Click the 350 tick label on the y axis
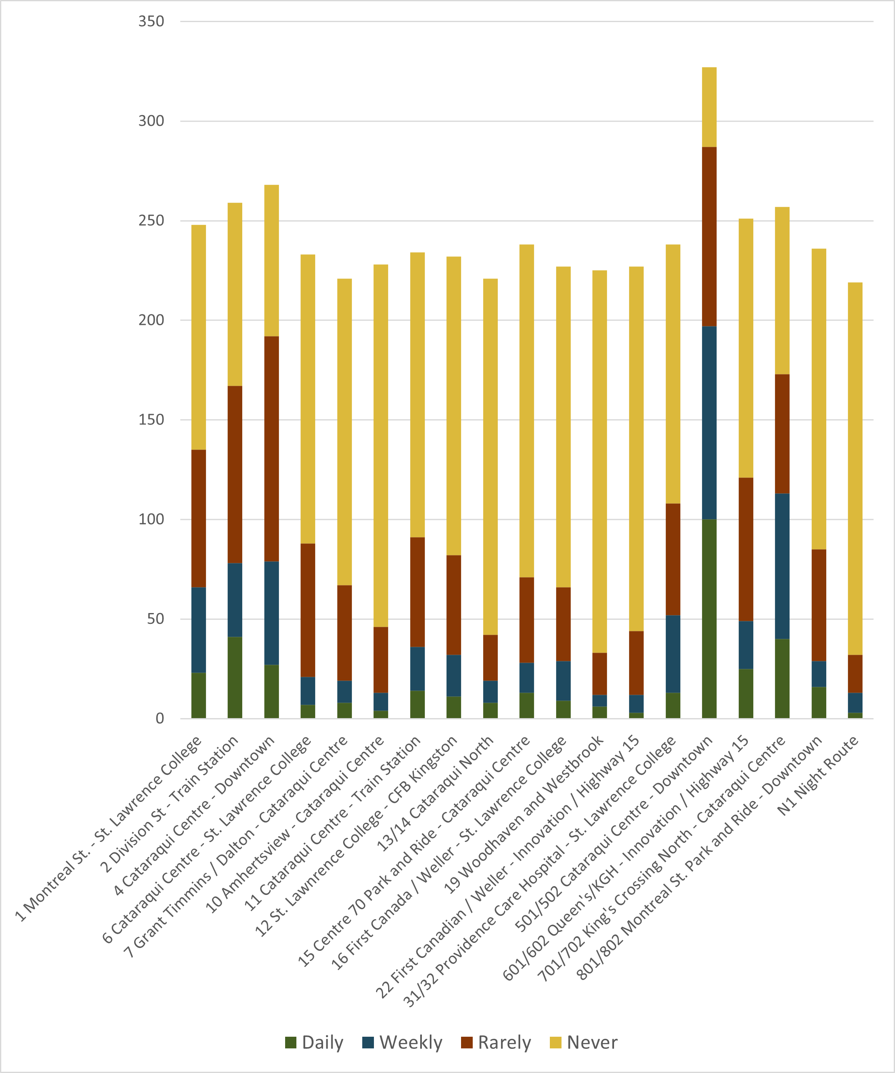(151, 21)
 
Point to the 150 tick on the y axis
(151, 420)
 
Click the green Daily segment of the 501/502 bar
(709, 618)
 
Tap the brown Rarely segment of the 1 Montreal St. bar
(199, 519)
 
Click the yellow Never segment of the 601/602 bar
(746, 348)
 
